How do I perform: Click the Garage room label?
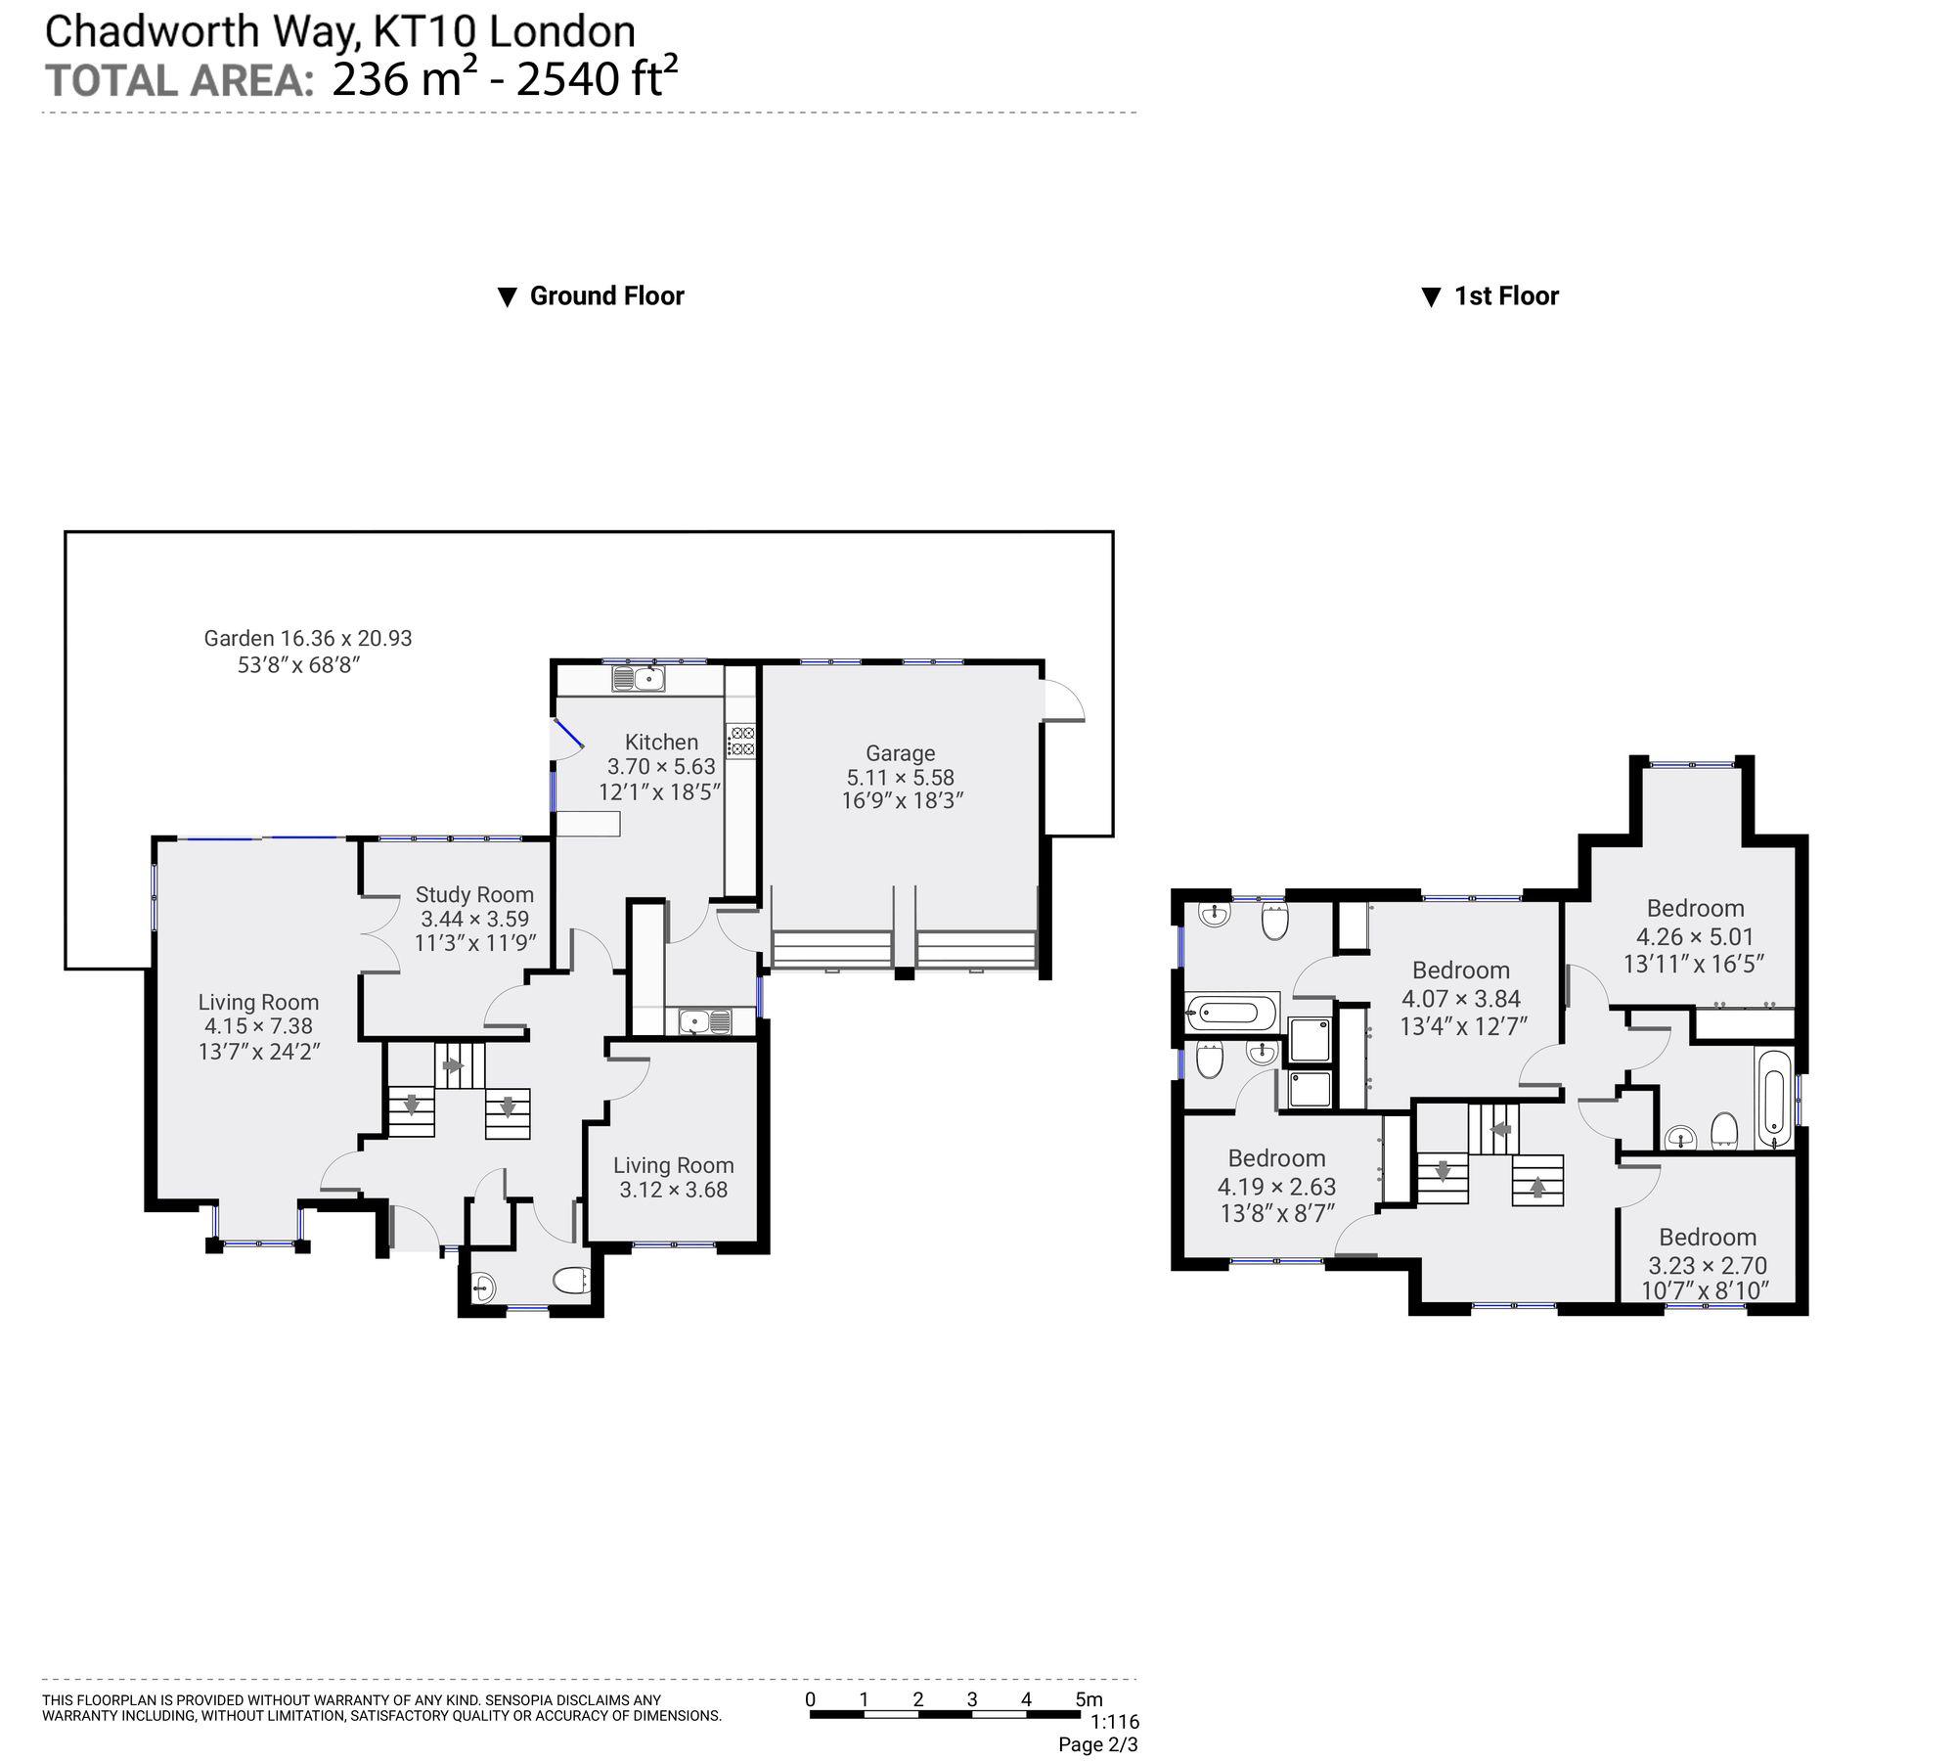(x=900, y=753)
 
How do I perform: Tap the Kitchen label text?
(x=662, y=743)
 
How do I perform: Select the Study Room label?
(x=474, y=894)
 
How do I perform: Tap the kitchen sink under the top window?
(x=639, y=678)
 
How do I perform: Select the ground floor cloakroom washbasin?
(x=483, y=1288)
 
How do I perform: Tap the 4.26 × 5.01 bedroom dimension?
(x=1695, y=936)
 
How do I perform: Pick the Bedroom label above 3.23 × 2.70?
(x=1708, y=1237)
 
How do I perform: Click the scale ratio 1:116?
(x=1115, y=1722)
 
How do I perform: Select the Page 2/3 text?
(x=1098, y=1744)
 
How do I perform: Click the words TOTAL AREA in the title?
(x=179, y=79)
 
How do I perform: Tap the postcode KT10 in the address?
(x=423, y=31)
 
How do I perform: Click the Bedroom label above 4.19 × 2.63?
(x=1276, y=1158)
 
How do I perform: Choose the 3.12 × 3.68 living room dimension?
(x=673, y=1190)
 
